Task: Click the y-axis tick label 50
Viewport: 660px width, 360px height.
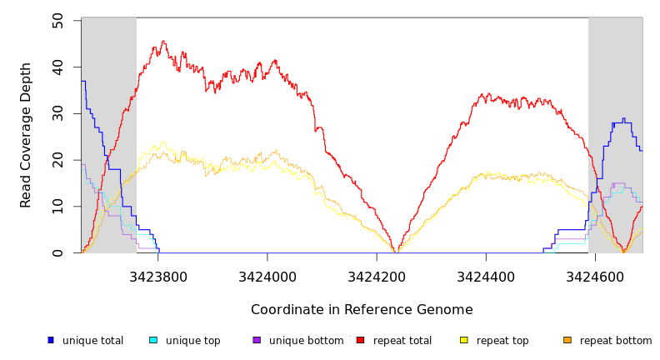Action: click(57, 20)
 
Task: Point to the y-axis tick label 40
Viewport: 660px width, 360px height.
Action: click(57, 67)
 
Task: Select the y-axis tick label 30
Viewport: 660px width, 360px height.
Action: click(57, 113)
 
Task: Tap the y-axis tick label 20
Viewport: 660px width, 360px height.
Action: click(57, 160)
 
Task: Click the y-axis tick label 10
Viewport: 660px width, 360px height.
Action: click(57, 207)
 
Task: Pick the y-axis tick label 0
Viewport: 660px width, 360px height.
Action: click(57, 253)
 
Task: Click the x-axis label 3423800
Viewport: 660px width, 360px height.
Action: click(158, 275)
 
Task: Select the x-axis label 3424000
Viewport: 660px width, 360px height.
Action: click(267, 275)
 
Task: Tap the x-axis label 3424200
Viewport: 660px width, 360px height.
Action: click(377, 275)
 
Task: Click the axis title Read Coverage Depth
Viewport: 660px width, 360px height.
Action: click(27, 135)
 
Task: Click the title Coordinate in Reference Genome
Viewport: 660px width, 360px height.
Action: click(362, 310)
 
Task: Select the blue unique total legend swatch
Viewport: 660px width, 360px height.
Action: click(51, 340)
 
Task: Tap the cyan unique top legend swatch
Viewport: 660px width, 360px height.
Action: click(153, 340)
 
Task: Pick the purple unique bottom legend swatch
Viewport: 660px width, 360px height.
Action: click(257, 340)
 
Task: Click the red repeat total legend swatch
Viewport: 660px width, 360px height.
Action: click(360, 340)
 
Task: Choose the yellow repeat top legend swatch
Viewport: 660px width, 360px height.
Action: click(464, 340)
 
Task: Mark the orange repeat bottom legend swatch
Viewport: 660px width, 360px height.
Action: click(567, 340)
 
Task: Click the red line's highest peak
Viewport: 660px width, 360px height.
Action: click(163, 41)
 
